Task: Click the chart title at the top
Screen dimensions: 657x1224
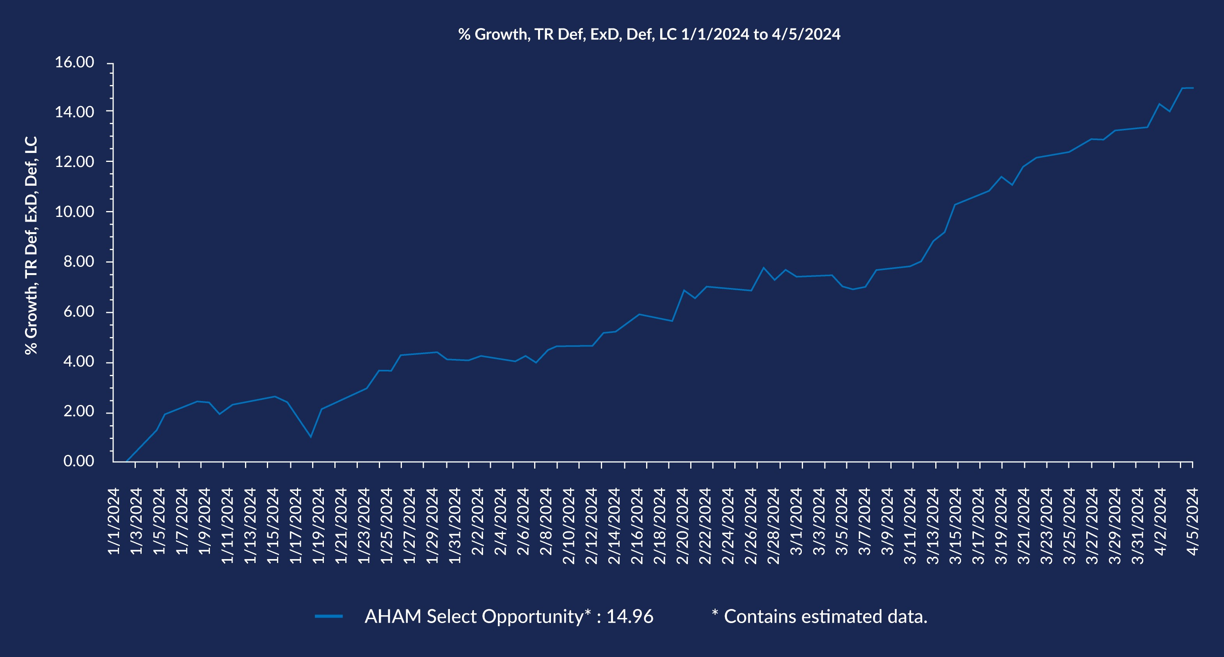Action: (x=649, y=34)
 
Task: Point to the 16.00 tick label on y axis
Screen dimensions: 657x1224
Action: (x=75, y=62)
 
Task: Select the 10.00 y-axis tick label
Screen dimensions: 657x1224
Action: (x=75, y=212)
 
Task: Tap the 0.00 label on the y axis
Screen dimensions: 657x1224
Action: (x=79, y=461)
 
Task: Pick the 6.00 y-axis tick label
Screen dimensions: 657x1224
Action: (x=79, y=312)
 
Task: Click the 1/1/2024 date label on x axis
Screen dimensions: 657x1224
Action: (x=114, y=521)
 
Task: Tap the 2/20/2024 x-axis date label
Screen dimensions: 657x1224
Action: (x=682, y=526)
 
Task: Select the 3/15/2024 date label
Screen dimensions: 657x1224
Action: (x=956, y=526)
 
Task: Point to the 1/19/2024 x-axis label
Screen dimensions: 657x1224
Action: (x=318, y=526)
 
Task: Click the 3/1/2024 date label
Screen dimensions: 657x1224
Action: (x=796, y=521)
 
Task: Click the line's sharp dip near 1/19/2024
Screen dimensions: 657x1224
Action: (x=311, y=437)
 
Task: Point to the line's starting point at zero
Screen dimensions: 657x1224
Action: (x=127, y=461)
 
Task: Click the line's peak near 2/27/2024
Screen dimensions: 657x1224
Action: (x=764, y=268)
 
